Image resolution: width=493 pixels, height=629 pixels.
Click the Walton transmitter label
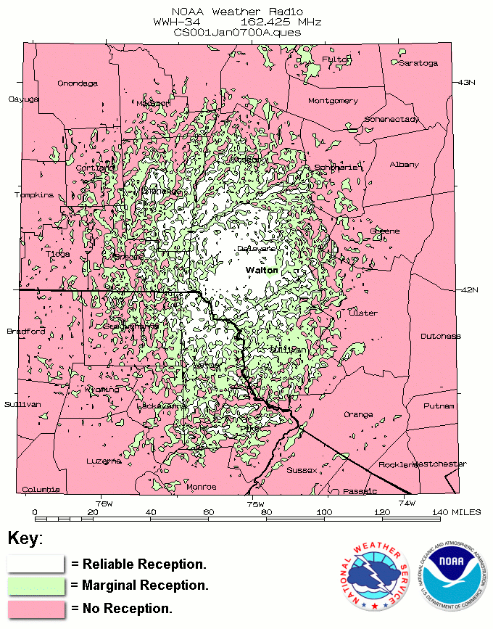pyautogui.click(x=262, y=270)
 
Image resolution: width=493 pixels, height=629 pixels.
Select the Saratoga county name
pyautogui.click(x=418, y=63)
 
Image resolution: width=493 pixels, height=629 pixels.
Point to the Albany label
pyautogui.click(x=405, y=164)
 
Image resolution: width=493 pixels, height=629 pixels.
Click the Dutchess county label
pyautogui.click(x=441, y=336)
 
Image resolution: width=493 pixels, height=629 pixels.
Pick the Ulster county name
pyautogui.click(x=363, y=313)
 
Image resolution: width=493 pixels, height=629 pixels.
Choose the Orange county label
pyautogui.click(x=358, y=414)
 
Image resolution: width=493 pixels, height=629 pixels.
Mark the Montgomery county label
pyautogui.click(x=333, y=101)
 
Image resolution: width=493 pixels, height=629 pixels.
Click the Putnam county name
pyautogui.click(x=439, y=406)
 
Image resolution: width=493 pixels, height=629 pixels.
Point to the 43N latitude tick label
pyautogui.click(x=467, y=82)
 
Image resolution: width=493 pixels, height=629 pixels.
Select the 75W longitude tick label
pyautogui.click(x=255, y=503)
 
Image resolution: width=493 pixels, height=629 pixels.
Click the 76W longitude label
pyautogui.click(x=104, y=503)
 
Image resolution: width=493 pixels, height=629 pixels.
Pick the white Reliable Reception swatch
pyautogui.click(x=36, y=564)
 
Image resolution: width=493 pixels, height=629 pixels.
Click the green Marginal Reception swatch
pyautogui.click(x=36, y=585)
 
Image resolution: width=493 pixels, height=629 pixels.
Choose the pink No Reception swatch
pyautogui.click(x=36, y=608)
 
